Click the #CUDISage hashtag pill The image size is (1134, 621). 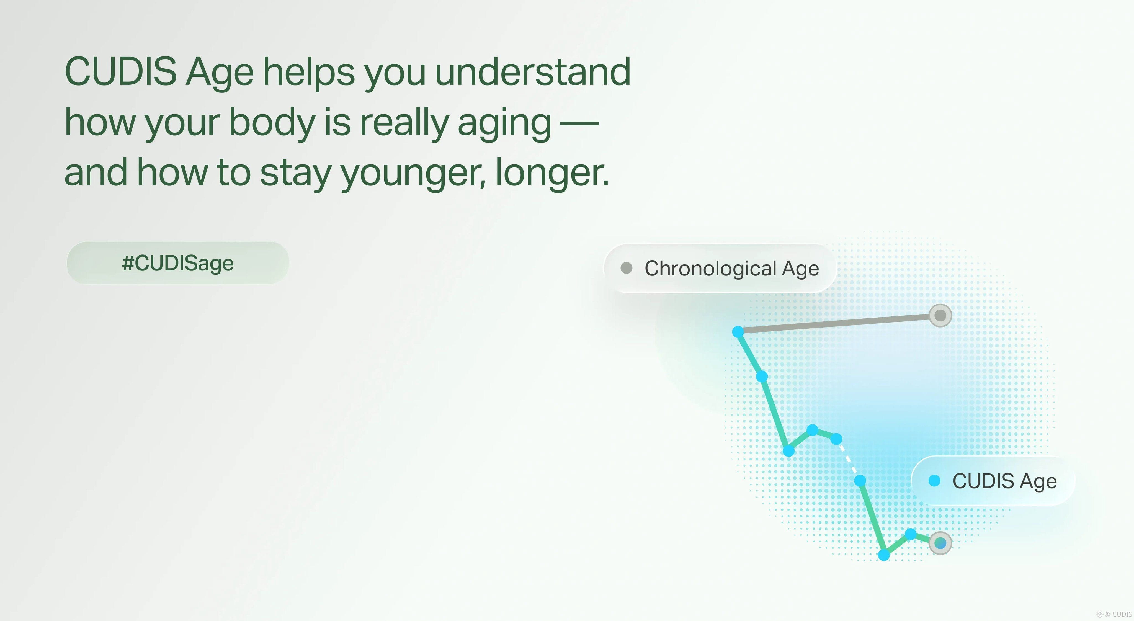point(178,263)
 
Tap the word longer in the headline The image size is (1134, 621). point(552,172)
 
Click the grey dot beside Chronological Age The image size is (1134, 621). point(627,268)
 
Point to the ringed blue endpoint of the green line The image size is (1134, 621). point(940,543)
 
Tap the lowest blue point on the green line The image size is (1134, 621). point(884,555)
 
